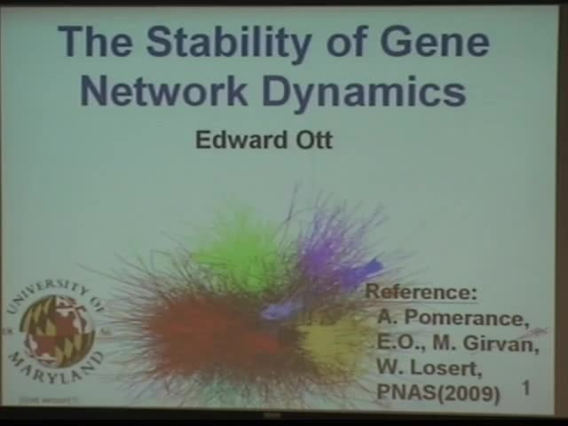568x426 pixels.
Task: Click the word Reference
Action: [422, 292]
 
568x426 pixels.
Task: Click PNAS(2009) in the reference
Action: [438, 391]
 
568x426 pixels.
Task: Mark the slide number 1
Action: [526, 388]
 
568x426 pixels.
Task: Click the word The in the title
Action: [95, 42]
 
